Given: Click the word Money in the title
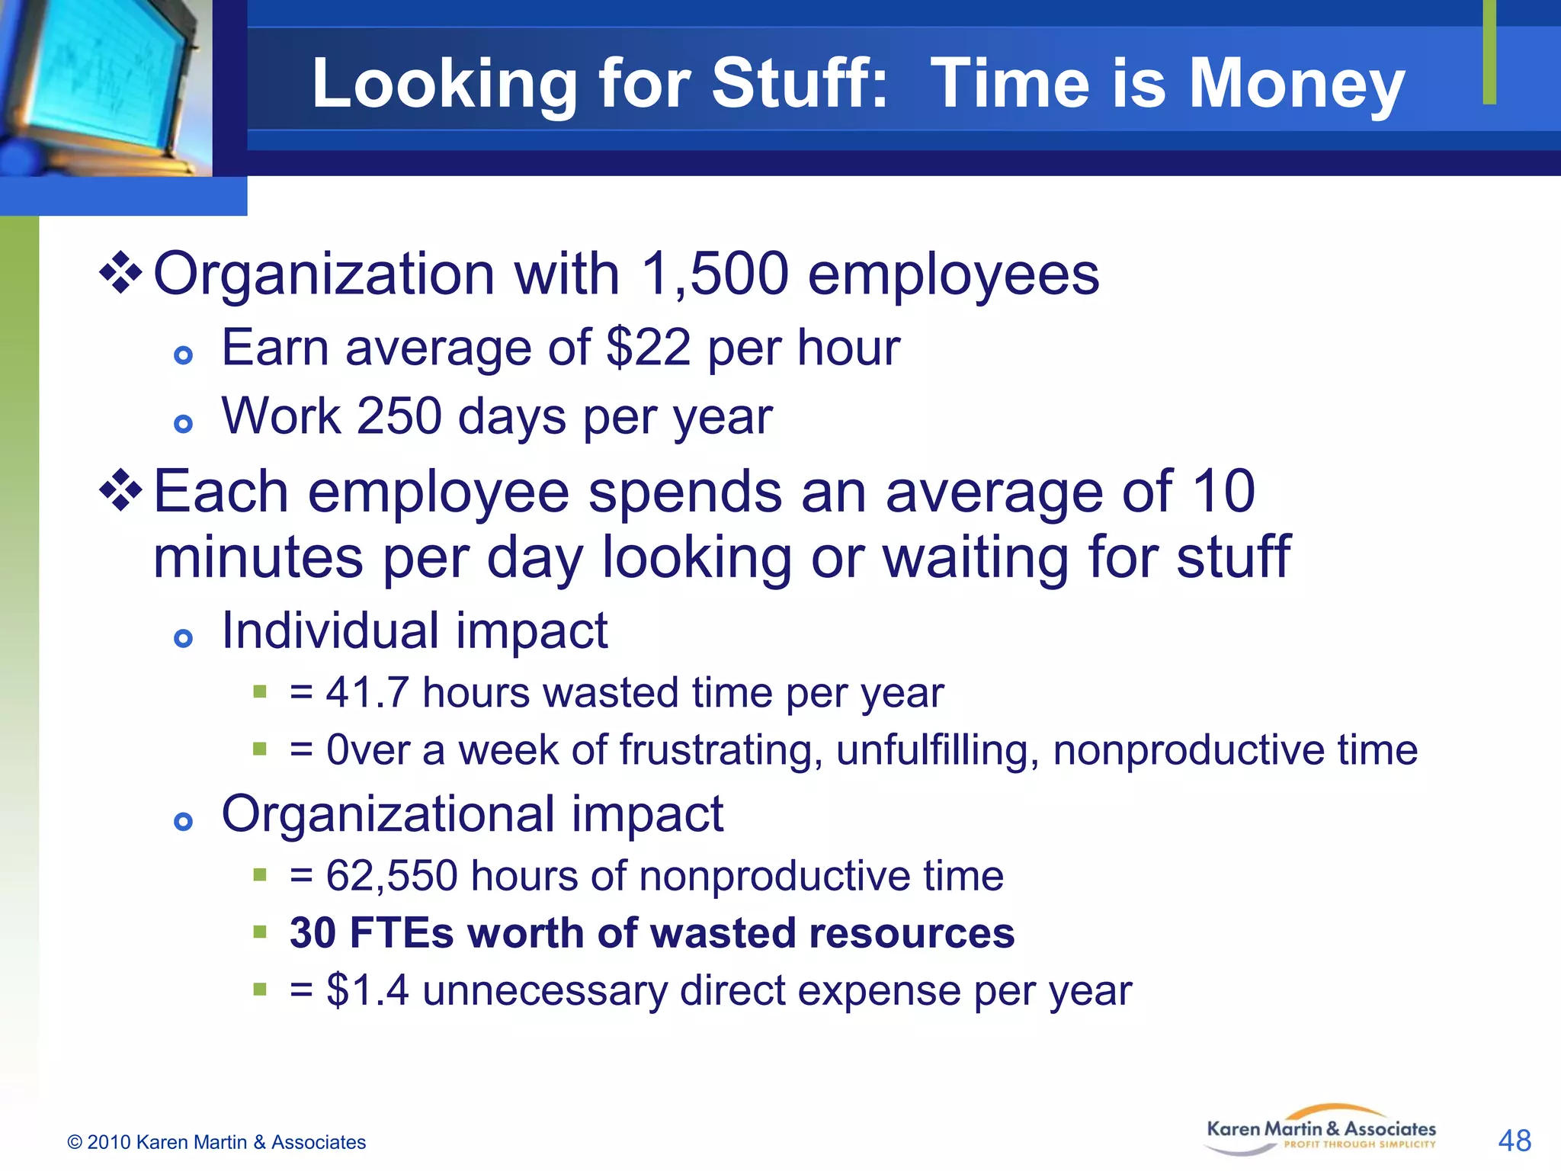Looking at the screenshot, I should pos(1297,84).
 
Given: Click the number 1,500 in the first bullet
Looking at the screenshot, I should pos(714,274).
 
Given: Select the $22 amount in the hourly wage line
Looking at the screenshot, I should pos(648,348).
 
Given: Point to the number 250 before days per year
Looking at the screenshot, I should pos(399,416).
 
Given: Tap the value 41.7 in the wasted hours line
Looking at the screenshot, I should pos(367,693).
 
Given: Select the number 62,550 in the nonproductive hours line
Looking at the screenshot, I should pos(392,876).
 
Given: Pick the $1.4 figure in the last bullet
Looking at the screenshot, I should pos(367,990).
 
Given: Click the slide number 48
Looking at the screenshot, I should pos(1514,1141).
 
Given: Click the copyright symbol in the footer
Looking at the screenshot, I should pos(75,1142).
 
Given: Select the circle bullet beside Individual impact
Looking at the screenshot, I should pos(183,638).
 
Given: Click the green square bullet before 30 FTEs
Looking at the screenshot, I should pos(260,932).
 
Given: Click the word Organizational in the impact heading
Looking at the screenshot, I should pos(387,814).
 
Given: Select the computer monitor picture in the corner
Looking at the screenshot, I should pos(105,88).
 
